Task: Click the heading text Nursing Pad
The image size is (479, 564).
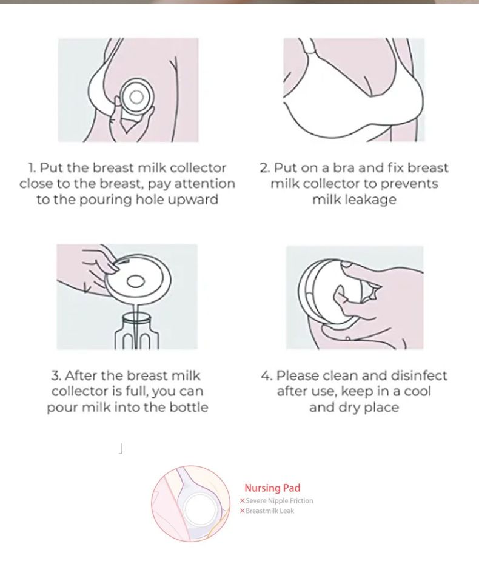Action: coord(272,488)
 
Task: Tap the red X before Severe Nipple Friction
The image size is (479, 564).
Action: coord(242,501)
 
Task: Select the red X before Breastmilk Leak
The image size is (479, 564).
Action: coord(242,511)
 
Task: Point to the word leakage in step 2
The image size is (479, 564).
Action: coord(354,200)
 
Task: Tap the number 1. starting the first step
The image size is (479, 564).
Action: coord(32,168)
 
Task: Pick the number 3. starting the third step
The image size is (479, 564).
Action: coord(56,376)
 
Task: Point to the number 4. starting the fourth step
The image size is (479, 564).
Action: coord(267,376)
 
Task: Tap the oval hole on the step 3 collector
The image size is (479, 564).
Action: coord(135,281)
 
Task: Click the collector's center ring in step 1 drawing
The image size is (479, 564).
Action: coord(136,97)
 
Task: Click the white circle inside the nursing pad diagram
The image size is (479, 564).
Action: coord(199,509)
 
